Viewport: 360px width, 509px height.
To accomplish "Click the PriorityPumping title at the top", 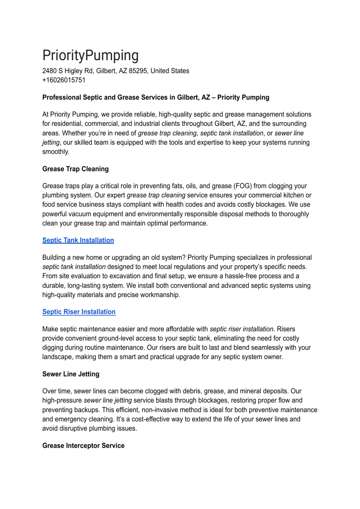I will (x=90, y=56).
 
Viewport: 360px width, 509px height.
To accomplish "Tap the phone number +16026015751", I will (x=64, y=80).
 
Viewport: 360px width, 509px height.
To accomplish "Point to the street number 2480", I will (x=49, y=71).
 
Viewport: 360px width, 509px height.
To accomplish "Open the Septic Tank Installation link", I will (x=78, y=240).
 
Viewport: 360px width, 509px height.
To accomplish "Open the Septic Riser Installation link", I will (x=79, y=312).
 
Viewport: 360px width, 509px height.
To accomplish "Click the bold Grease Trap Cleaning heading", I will (x=75, y=169).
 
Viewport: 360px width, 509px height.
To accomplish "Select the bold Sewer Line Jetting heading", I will (x=71, y=374).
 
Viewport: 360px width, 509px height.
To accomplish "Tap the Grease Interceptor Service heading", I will (x=83, y=446).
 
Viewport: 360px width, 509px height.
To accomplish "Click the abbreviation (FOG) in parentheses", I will (x=242, y=186).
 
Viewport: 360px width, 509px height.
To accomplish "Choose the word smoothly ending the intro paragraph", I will (x=56, y=152).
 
